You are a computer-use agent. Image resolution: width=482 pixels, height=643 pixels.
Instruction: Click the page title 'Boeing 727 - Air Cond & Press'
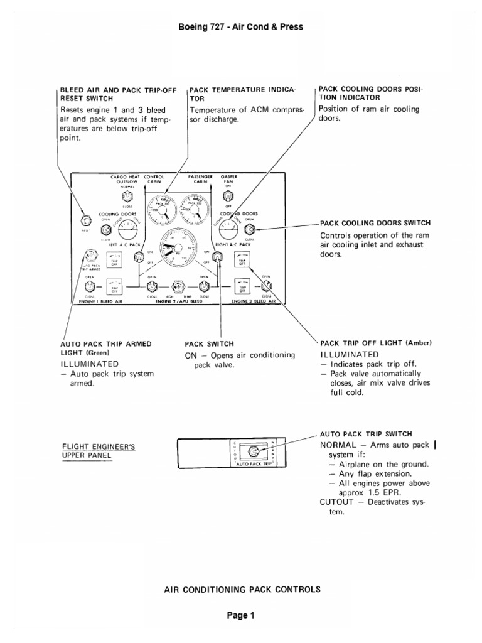[x=241, y=27]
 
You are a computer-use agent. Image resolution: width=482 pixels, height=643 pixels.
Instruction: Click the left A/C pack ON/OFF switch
[x=137, y=255]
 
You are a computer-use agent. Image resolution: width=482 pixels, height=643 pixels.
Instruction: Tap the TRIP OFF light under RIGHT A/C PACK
[x=241, y=259]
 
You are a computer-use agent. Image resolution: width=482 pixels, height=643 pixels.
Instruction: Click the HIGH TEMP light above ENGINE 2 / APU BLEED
[x=178, y=288]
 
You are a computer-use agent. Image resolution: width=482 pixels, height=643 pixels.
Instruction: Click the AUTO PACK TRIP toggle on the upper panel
[x=254, y=451]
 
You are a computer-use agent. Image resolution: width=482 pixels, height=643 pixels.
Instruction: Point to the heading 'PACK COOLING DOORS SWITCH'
[x=375, y=223]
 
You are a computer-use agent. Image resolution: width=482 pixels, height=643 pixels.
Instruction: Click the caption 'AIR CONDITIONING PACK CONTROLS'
[x=242, y=589]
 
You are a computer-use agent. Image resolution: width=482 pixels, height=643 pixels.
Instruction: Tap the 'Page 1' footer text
[x=241, y=616]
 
